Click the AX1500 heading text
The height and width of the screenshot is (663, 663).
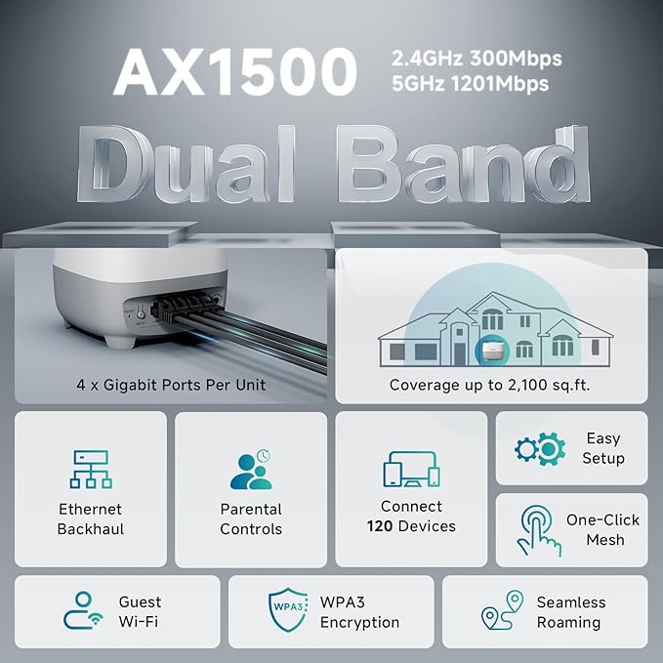[235, 71]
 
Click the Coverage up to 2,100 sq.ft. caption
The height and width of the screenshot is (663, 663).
[491, 385]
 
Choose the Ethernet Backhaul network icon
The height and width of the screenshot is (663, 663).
[90, 469]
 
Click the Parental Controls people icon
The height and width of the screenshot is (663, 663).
[251, 469]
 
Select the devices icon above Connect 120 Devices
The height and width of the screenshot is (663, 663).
[411, 470]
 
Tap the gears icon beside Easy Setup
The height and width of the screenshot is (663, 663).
[540, 449]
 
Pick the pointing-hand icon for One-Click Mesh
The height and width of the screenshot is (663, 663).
[540, 531]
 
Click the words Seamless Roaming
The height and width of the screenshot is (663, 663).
[571, 612]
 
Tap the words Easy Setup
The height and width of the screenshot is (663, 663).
[603, 448]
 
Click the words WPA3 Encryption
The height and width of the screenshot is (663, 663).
[359, 612]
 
